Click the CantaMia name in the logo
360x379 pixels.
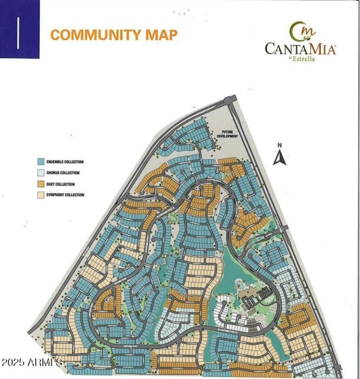(x=300, y=49)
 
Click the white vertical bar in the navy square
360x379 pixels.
(x=18, y=33)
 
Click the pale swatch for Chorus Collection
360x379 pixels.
(x=40, y=173)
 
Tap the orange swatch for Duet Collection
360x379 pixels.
(x=40, y=184)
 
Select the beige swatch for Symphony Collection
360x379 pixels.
(x=40, y=195)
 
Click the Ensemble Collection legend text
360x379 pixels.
(x=65, y=162)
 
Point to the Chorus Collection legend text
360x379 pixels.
(x=63, y=173)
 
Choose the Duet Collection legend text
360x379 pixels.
(x=61, y=184)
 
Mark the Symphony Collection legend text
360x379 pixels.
(x=65, y=195)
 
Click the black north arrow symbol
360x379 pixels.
(x=279, y=158)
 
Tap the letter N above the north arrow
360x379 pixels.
(x=279, y=145)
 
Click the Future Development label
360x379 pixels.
(x=227, y=134)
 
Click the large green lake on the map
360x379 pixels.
(x=234, y=270)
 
